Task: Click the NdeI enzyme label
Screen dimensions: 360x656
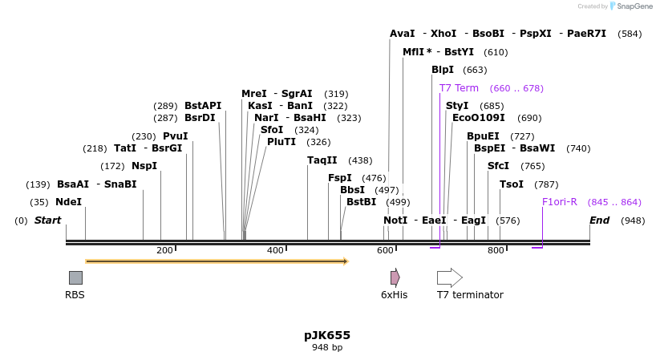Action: pos(68,202)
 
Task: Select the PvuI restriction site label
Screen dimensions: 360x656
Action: pos(175,136)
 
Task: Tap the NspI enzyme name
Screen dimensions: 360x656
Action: pos(144,166)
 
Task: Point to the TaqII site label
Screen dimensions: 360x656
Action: pos(322,160)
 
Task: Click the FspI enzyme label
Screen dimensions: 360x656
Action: pos(340,178)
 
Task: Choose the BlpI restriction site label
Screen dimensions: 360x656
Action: pos(443,70)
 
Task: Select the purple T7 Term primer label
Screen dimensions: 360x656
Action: pos(459,88)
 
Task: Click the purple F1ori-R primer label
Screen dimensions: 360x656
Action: pos(559,202)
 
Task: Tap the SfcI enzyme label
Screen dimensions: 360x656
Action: pos(498,166)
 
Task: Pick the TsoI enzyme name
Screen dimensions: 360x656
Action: pos(511,184)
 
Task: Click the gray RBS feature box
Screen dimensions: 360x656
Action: pos(75,277)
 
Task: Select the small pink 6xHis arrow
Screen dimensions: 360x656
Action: pos(395,277)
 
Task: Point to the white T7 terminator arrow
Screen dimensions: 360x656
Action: pos(449,277)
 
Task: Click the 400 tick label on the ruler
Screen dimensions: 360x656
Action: pos(275,251)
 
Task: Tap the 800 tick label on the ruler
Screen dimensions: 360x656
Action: pos(496,251)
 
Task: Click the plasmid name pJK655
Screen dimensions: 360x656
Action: pos(327,335)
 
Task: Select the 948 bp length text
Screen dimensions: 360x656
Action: pos(327,348)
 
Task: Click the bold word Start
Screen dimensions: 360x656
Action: pos(47,220)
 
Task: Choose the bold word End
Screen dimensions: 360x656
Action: pos(599,220)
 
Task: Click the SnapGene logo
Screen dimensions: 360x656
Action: pos(630,6)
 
